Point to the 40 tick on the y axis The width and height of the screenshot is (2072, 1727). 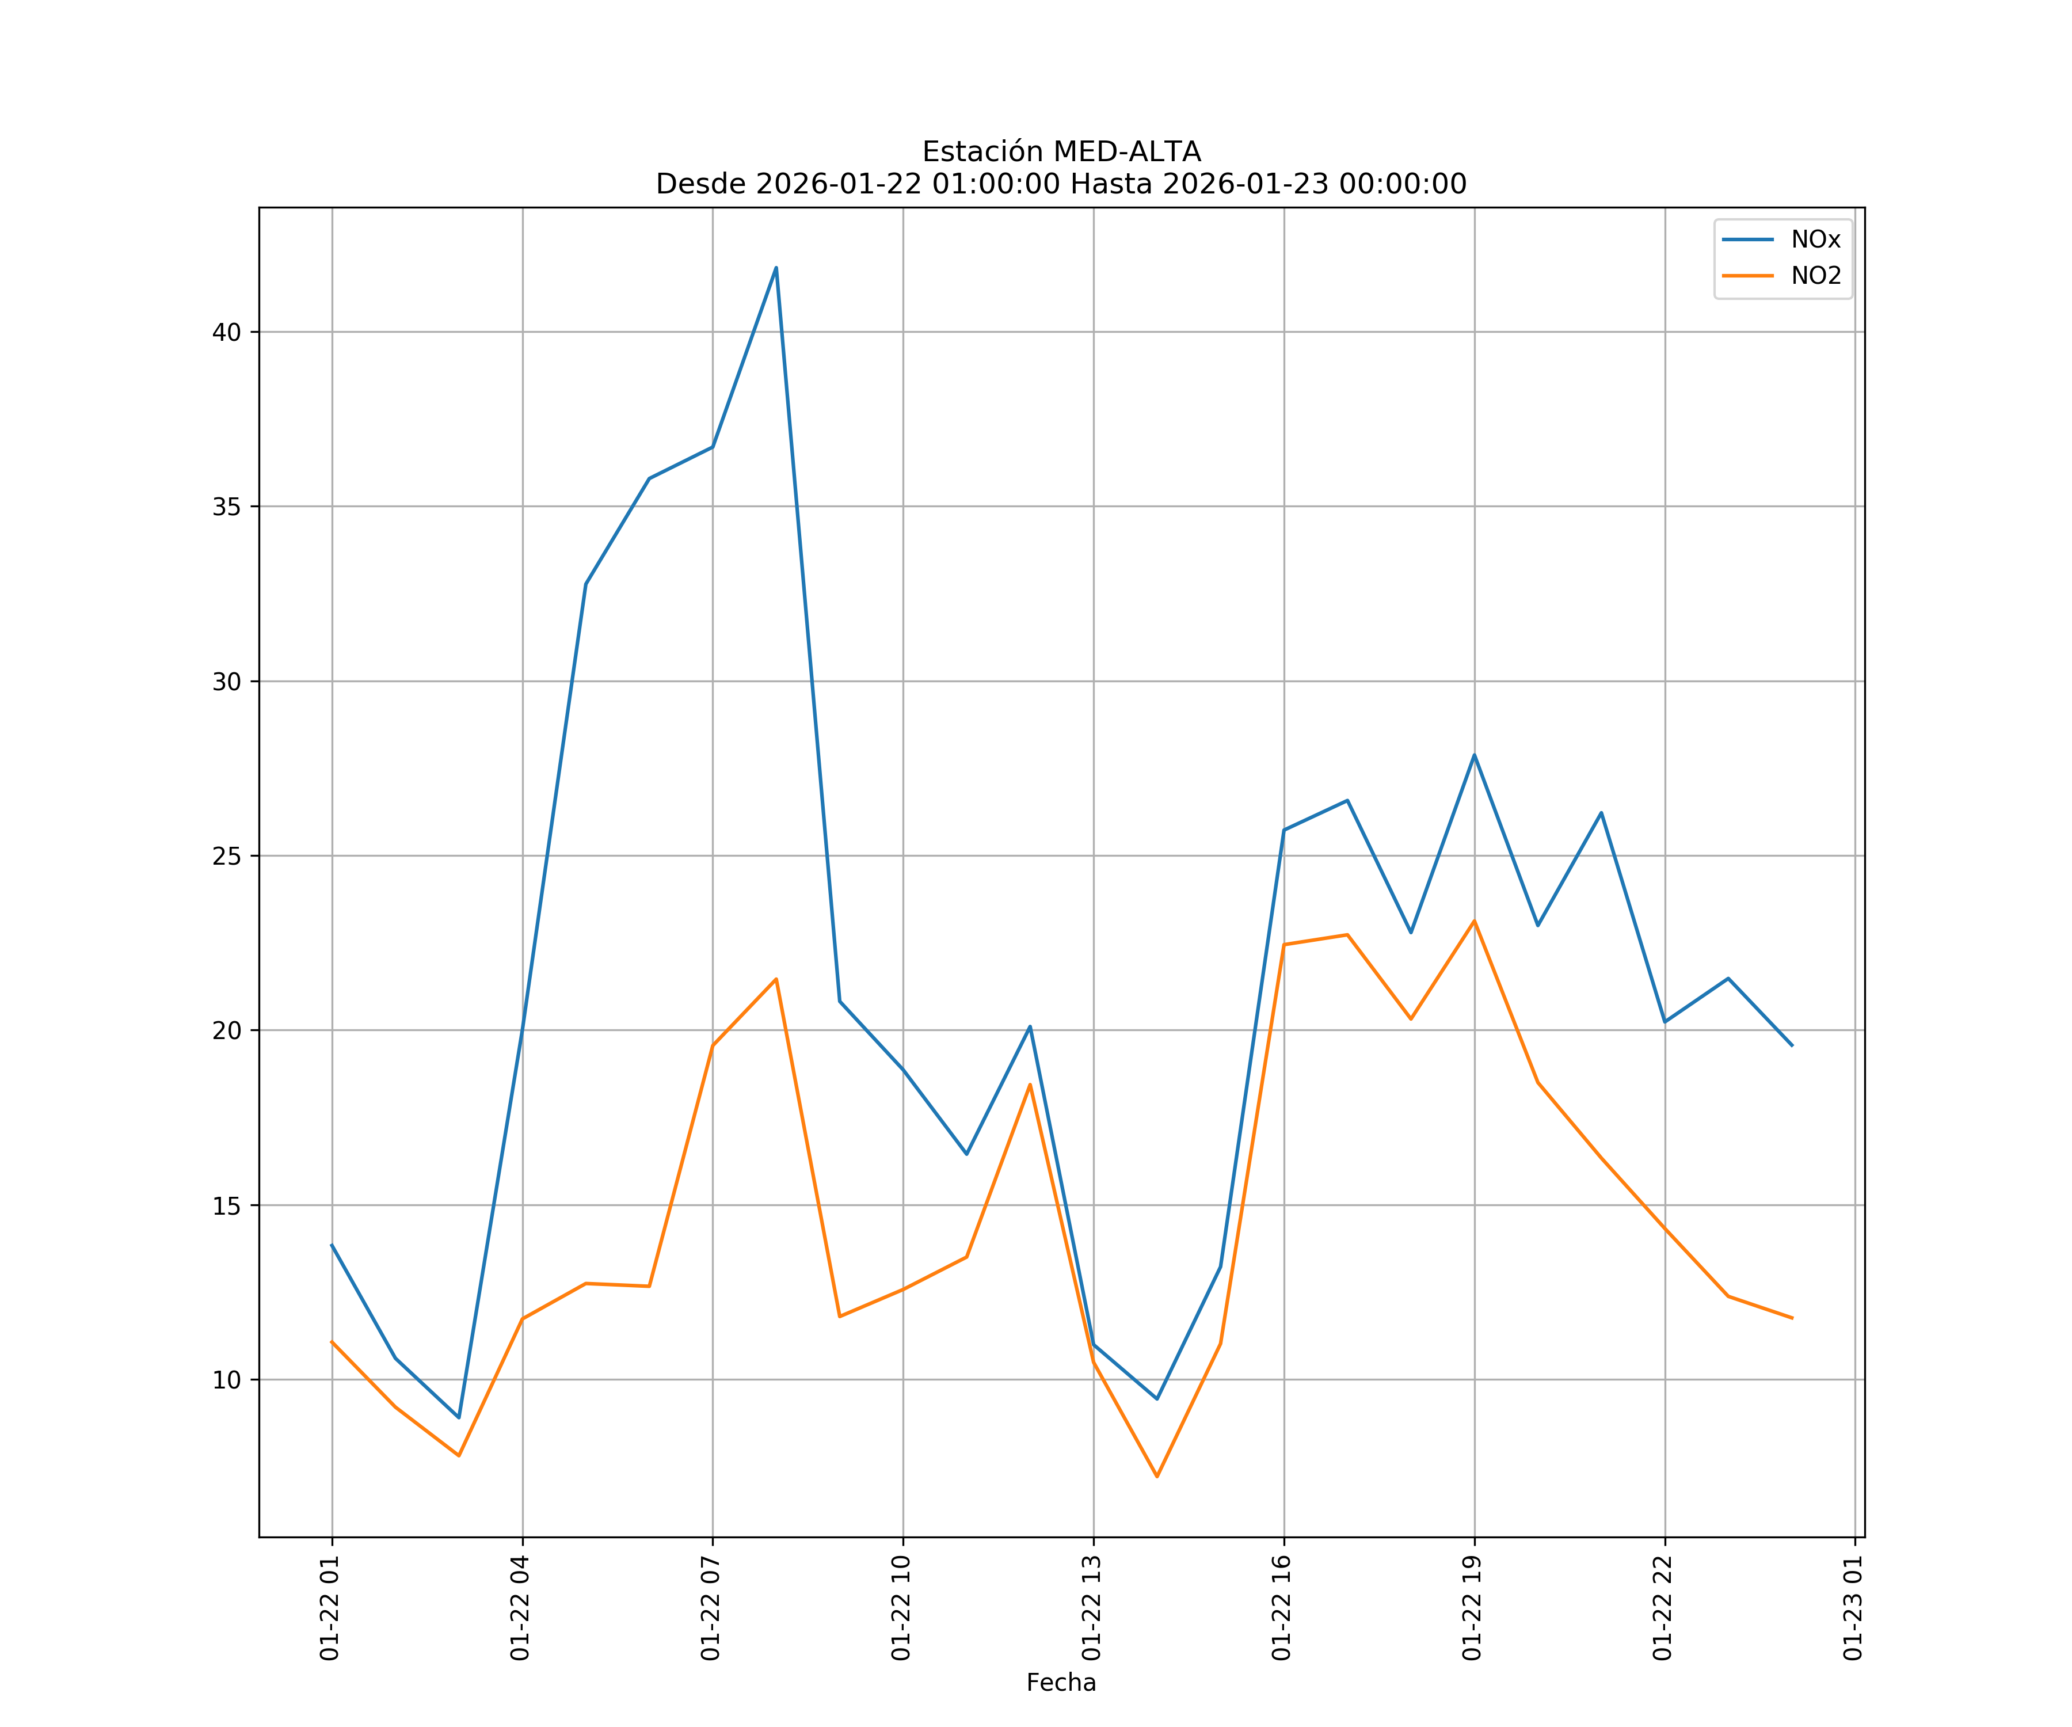(226, 333)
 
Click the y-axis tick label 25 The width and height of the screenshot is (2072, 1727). (226, 857)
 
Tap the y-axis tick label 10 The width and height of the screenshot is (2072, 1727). (226, 1380)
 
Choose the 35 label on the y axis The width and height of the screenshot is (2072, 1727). (226, 507)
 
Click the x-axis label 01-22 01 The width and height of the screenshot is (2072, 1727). (330, 1608)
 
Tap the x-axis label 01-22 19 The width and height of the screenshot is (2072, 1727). (1472, 1608)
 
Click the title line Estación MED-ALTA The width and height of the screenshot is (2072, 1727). (1061, 152)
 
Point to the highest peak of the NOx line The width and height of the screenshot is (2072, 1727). (775, 268)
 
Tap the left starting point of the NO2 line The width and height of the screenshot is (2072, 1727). (332, 1341)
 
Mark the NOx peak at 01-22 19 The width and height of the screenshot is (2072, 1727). (1474, 755)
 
